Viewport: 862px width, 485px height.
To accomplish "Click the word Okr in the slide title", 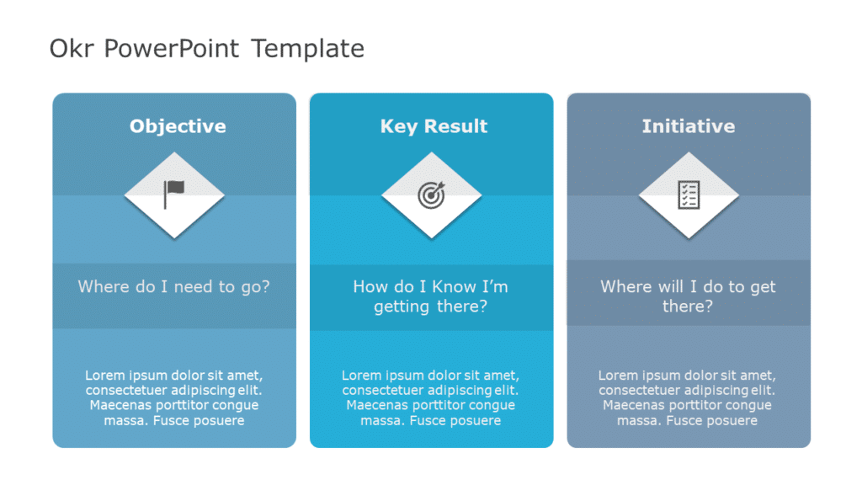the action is [x=72, y=49].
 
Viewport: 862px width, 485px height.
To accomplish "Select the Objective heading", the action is [x=178, y=126].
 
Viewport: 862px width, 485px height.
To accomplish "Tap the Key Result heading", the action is [x=434, y=126].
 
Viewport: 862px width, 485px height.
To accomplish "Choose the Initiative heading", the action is [x=688, y=126].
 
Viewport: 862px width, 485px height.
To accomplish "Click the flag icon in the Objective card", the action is [x=174, y=195].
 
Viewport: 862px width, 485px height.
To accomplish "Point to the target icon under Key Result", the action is [x=431, y=195].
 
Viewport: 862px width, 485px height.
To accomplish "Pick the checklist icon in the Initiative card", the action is [x=689, y=195].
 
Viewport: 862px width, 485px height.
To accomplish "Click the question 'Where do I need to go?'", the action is [x=174, y=286].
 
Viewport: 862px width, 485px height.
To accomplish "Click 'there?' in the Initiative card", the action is [x=688, y=306].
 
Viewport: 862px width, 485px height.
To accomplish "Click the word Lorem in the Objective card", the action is [x=104, y=376].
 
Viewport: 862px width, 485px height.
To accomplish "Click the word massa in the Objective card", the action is [x=123, y=420].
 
